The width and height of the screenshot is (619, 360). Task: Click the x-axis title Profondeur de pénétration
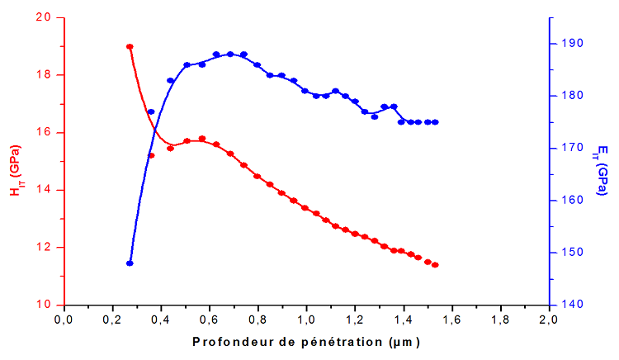(306, 342)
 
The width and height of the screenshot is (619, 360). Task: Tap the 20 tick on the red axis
(43, 17)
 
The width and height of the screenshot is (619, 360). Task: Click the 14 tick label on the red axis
(43, 190)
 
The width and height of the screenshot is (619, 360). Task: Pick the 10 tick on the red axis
(43, 305)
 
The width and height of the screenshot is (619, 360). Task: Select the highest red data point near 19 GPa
(130, 46)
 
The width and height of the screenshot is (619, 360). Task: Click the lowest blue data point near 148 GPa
(130, 263)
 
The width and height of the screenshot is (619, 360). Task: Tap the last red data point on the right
(435, 264)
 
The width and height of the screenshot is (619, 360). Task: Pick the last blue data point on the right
(435, 122)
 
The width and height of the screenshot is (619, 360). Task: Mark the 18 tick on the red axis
(43, 75)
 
